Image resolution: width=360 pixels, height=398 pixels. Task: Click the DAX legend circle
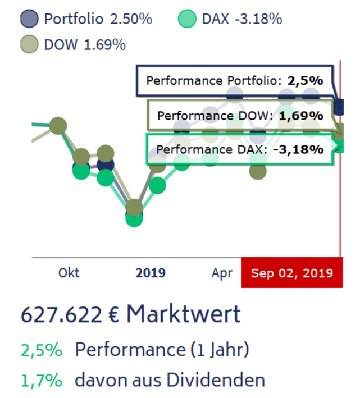186,19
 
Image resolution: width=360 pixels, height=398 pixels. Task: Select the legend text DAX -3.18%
241,19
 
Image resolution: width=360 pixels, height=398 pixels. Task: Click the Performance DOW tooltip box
240,116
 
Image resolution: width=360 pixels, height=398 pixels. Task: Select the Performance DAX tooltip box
240,150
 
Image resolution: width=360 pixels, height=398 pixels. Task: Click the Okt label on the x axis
69,273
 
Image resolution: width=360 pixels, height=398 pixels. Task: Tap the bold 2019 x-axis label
151,273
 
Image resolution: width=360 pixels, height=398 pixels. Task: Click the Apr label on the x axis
222,273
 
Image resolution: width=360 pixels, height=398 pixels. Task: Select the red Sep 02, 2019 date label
291,273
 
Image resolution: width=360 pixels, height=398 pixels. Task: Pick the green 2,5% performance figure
41,350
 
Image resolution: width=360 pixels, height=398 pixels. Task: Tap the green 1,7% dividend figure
41,380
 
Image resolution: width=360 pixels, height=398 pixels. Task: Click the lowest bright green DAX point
134,218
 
